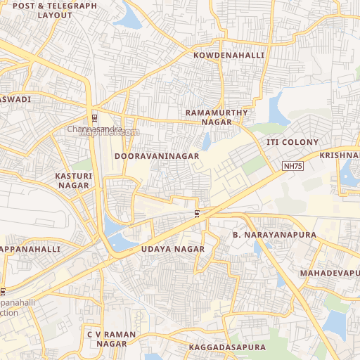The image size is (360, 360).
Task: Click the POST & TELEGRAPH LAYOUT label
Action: pyautogui.click(x=55, y=10)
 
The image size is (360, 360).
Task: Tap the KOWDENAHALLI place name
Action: pyautogui.click(x=229, y=55)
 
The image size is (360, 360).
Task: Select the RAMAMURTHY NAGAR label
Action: pyautogui.click(x=217, y=117)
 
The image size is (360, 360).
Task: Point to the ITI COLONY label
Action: pyautogui.click(x=292, y=142)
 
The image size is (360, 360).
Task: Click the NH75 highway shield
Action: pyautogui.click(x=293, y=166)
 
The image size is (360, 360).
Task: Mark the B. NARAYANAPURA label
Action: pyautogui.click(x=274, y=234)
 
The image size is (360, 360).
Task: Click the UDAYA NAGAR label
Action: pyautogui.click(x=172, y=249)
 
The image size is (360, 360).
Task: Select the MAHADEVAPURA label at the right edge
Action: pyautogui.click(x=329, y=272)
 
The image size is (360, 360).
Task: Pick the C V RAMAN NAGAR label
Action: pyautogui.click(x=107, y=338)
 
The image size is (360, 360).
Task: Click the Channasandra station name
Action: pyautogui.click(x=95, y=129)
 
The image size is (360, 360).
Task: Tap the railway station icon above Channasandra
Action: pyautogui.click(x=95, y=117)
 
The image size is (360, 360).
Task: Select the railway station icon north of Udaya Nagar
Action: pyautogui.click(x=198, y=214)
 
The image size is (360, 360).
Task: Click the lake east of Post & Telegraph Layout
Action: pyautogui.click(x=129, y=17)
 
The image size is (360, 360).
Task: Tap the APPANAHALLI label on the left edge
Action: pyautogui.click(x=30, y=249)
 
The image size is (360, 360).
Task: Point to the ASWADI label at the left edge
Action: pyautogui.click(x=15, y=100)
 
